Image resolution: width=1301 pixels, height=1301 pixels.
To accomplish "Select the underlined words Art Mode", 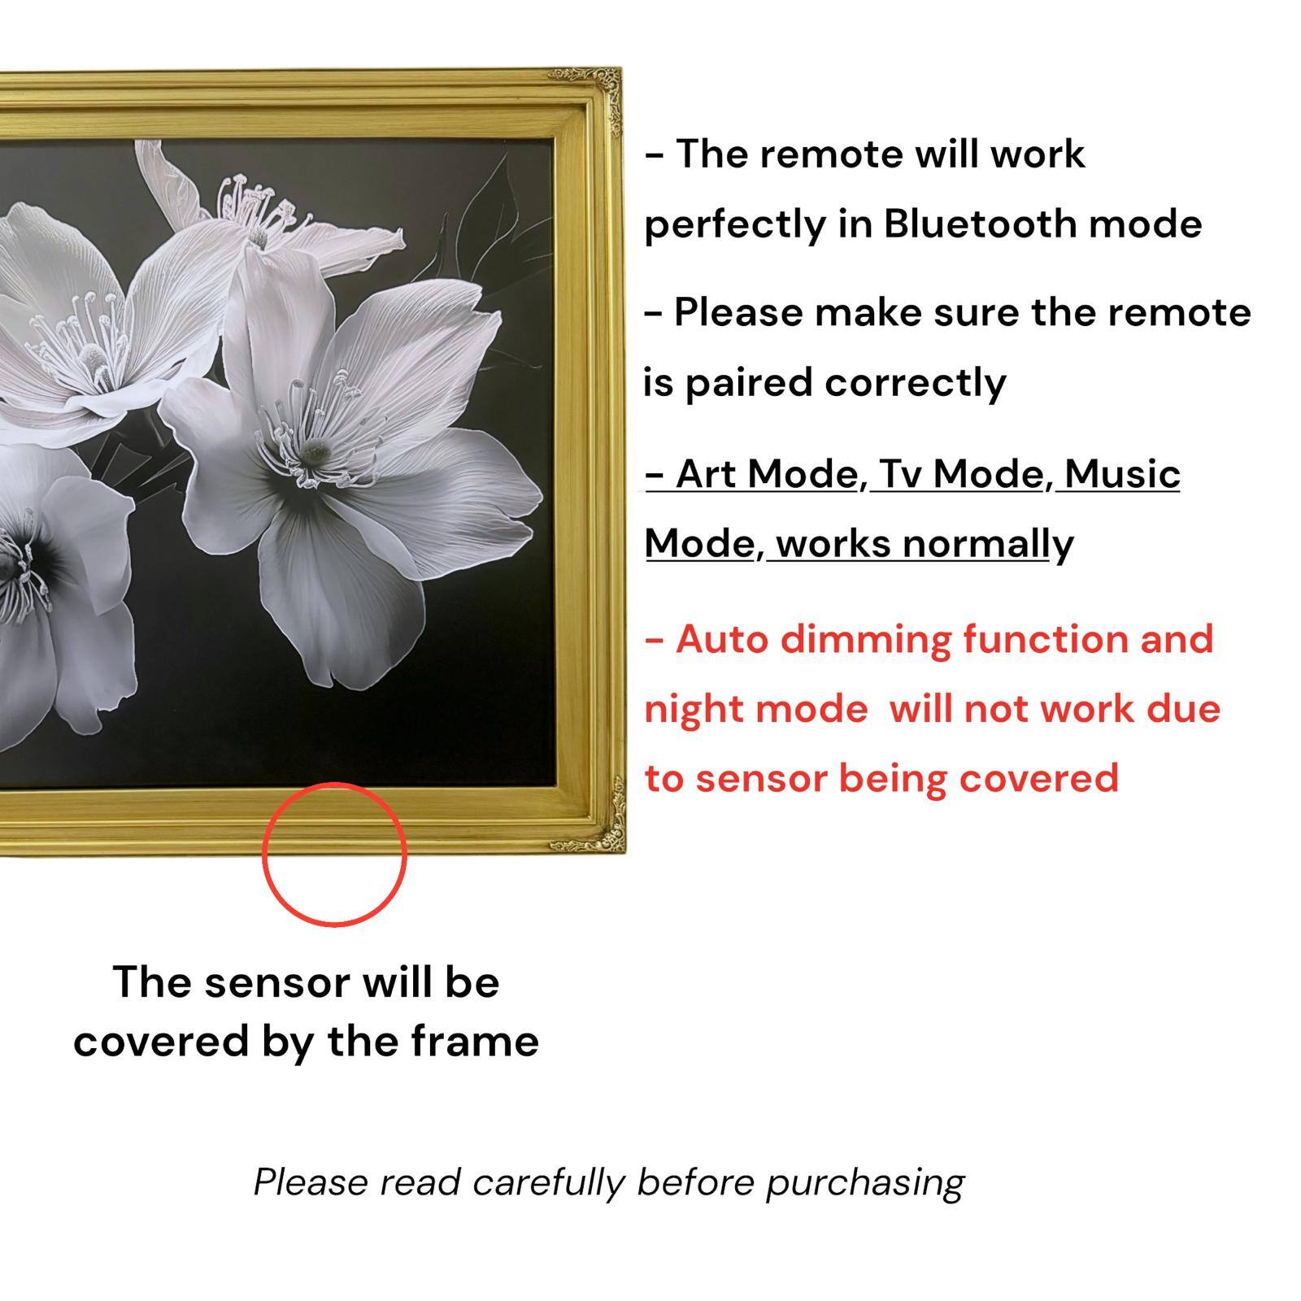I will pos(768,474).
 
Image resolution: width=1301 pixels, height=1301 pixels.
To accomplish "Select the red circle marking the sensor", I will pos(334,854).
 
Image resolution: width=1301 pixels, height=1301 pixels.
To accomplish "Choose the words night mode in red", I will pos(755,709).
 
